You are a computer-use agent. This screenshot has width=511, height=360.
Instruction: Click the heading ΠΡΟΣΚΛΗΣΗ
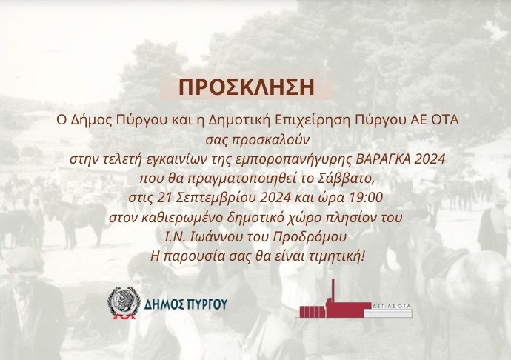pyautogui.click(x=247, y=87)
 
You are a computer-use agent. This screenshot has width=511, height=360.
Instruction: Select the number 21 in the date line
pyautogui.click(x=164, y=197)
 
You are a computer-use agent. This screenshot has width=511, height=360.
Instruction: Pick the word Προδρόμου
pyautogui.click(x=310, y=237)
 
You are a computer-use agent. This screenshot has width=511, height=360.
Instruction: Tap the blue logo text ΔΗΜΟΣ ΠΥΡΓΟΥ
pyautogui.click(x=186, y=305)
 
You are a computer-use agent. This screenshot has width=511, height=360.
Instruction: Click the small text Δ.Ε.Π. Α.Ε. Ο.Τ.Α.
pyautogui.click(x=392, y=307)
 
